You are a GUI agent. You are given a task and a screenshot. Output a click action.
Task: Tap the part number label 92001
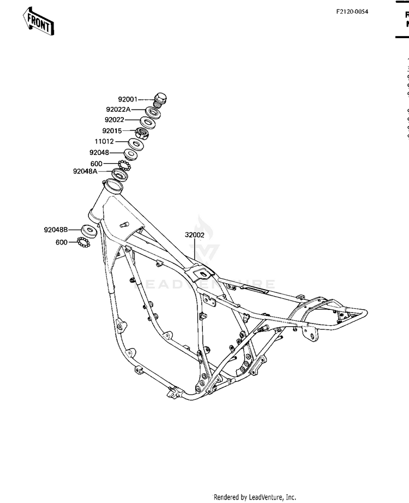click(128, 100)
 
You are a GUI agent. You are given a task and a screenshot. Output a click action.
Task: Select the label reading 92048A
click(85, 171)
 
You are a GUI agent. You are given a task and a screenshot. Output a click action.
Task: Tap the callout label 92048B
click(56, 230)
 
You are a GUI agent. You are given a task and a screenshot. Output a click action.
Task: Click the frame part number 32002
click(194, 235)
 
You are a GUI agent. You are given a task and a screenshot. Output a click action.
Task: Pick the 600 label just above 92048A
click(96, 163)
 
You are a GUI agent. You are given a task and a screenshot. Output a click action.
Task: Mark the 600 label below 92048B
click(62, 242)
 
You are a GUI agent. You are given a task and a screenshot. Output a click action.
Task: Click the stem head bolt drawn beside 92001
click(160, 99)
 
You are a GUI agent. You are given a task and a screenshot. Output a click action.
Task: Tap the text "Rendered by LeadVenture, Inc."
click(254, 497)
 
